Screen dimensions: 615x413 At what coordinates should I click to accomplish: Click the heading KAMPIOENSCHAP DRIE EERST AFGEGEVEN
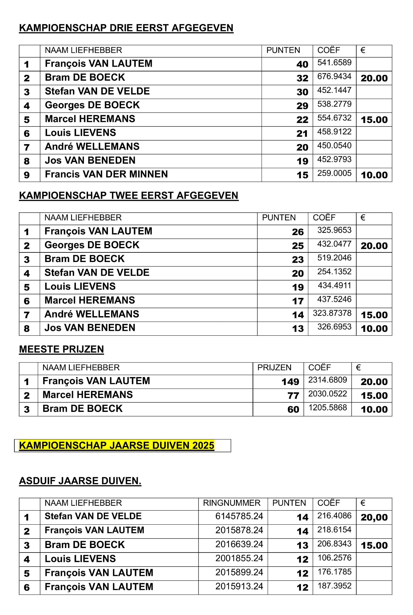tap(126, 28)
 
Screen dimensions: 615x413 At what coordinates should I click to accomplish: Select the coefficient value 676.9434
tap(334, 77)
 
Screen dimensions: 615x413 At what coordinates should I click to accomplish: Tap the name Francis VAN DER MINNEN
tap(106, 174)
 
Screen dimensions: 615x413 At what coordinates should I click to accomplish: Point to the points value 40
tap(302, 64)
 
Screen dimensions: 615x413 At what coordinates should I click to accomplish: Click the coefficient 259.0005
tap(334, 173)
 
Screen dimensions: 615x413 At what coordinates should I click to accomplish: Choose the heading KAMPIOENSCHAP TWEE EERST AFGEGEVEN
tap(129, 195)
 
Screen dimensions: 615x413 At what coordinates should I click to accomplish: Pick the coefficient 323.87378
tap(332, 313)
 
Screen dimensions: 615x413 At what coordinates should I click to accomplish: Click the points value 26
tap(298, 232)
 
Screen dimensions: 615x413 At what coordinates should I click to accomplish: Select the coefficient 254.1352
tap(334, 272)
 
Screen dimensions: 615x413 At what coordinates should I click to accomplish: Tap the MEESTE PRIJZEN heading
tap(61, 349)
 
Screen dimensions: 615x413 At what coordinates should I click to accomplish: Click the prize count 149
tap(290, 382)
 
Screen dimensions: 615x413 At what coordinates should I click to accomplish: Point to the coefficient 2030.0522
tap(328, 394)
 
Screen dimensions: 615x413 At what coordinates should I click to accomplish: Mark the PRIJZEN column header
tap(274, 368)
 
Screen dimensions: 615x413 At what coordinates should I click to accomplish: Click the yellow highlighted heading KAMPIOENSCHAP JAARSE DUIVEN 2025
tap(117, 446)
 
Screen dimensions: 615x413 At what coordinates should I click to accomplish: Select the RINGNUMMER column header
tap(232, 503)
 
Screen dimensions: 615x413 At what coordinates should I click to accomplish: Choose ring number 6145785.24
tap(239, 516)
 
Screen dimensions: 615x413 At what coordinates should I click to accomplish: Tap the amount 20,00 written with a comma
tap(374, 517)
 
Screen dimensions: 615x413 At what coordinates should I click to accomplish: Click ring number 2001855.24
tap(239, 559)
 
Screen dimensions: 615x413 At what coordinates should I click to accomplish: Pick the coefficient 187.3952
tap(334, 586)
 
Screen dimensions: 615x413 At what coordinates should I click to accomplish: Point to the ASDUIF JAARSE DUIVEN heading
tap(80, 481)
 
